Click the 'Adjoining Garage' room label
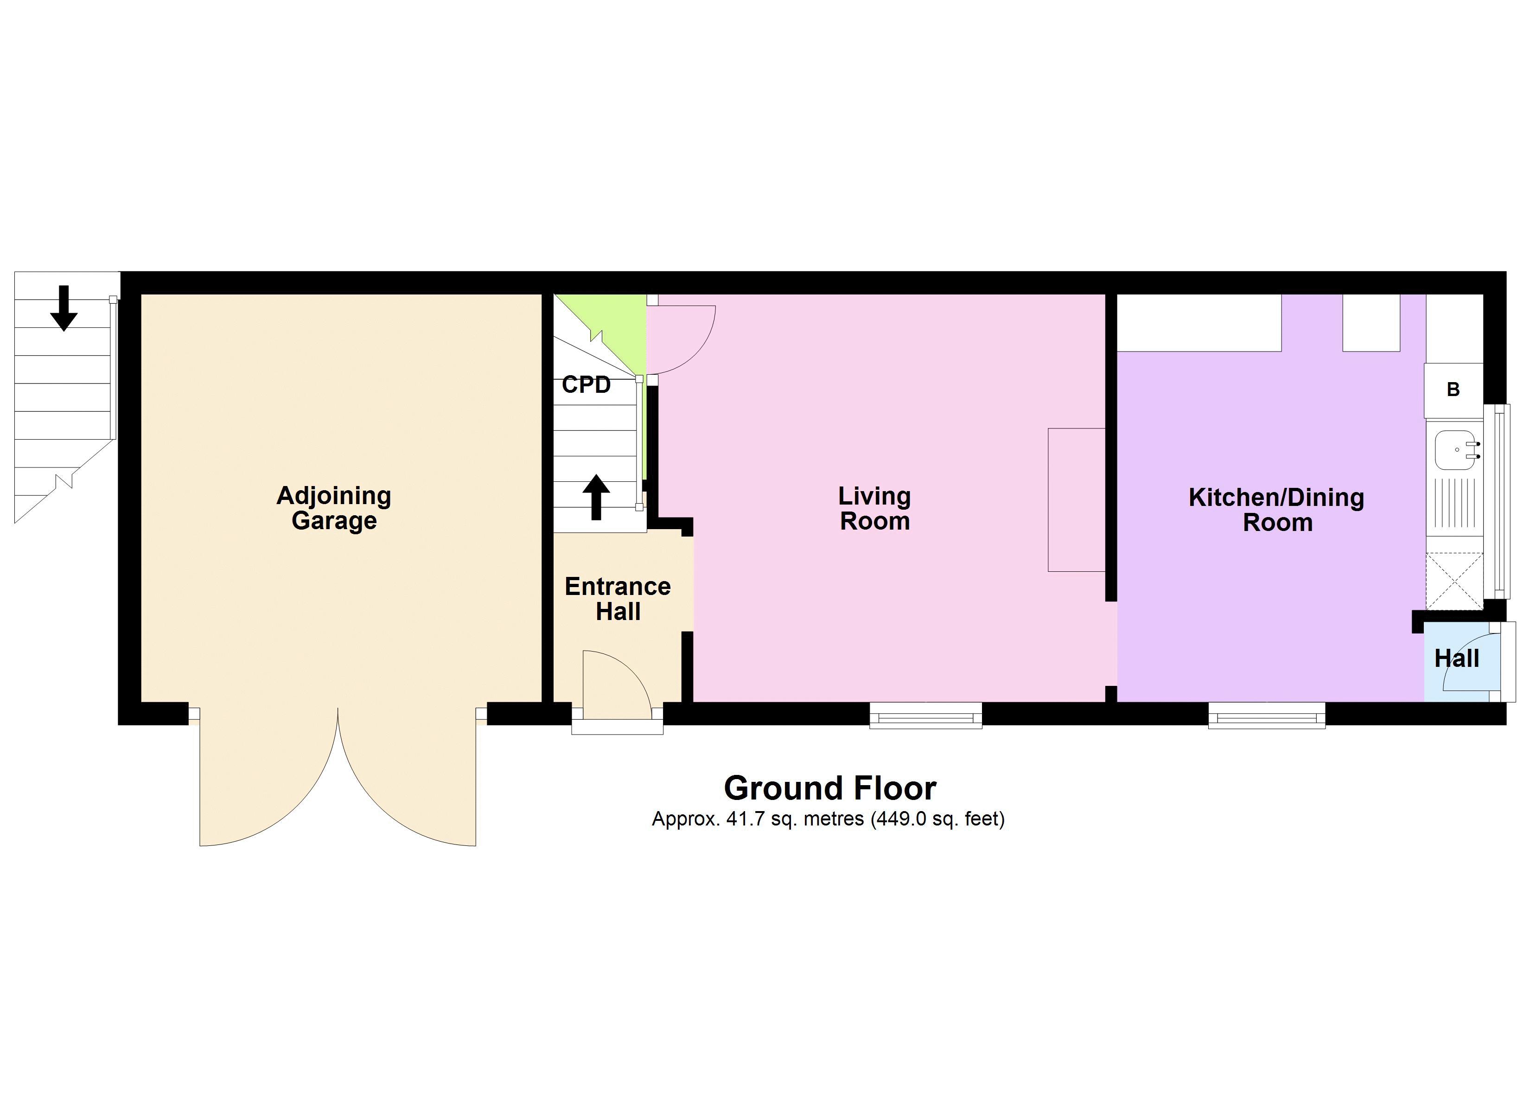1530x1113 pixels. point(334,508)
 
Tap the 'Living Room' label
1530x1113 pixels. point(874,508)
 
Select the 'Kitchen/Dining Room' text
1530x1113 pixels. point(1276,510)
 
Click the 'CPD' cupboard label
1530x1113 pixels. point(586,385)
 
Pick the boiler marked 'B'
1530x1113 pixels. point(1453,390)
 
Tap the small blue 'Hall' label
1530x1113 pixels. point(1456,658)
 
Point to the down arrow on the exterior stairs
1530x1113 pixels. point(64,308)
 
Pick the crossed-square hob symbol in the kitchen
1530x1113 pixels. point(1454,581)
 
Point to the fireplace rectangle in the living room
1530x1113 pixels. point(1076,499)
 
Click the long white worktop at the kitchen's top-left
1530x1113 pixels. point(1199,323)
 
